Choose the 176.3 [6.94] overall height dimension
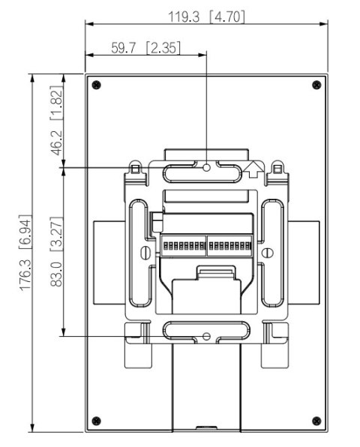point(25,252)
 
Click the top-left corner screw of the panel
point(95,83)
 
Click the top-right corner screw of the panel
point(316,83)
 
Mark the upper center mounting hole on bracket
point(207,168)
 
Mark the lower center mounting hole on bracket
point(207,335)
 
